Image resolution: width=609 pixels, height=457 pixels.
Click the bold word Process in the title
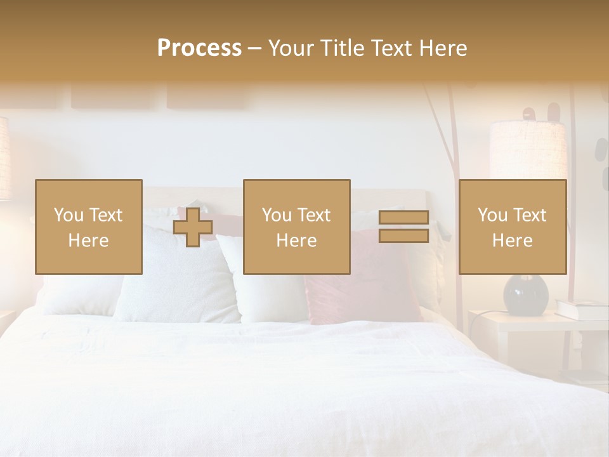coord(199,48)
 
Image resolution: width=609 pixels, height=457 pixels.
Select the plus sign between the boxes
coord(193,227)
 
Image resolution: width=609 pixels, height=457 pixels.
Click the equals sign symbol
coord(403,227)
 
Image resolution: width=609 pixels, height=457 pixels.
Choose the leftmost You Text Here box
coord(88,227)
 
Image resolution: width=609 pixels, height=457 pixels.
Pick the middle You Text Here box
coord(296,227)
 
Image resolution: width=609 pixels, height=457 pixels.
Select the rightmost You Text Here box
coord(512,227)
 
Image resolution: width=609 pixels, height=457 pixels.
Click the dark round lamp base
coord(526,295)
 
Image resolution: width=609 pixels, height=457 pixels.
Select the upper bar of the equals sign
coord(403,218)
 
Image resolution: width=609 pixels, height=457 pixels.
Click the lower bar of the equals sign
coord(403,235)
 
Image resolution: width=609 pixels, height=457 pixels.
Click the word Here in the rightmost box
coord(512,241)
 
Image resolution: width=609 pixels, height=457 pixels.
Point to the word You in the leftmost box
coord(69,215)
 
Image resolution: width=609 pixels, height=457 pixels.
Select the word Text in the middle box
coord(314,215)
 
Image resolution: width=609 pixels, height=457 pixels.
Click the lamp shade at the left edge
coord(4,159)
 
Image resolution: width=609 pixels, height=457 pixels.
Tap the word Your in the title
coord(291,48)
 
